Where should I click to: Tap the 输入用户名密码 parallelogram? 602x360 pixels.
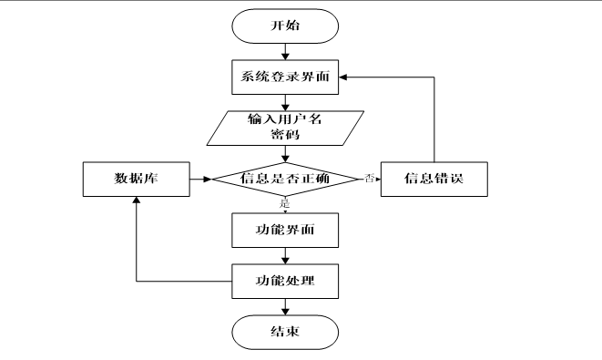pyautogui.click(x=286, y=127)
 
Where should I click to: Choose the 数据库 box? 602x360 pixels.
pyautogui.click(x=135, y=178)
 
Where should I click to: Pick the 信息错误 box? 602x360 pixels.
pyautogui.click(x=434, y=178)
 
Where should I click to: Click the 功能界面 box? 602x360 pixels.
pyautogui.click(x=286, y=230)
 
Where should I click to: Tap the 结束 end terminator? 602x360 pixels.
pyautogui.click(x=286, y=331)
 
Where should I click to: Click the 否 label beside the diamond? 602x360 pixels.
pyautogui.click(x=370, y=178)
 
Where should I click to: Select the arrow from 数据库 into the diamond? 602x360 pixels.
pyautogui.click(x=199, y=178)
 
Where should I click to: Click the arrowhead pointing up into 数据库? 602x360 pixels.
pyautogui.click(x=135, y=201)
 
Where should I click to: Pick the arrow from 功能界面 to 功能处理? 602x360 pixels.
pyautogui.click(x=286, y=254)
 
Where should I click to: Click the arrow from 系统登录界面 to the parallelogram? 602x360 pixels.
pyautogui.click(x=286, y=101)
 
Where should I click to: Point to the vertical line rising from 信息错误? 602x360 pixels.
pyautogui.click(x=434, y=118)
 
